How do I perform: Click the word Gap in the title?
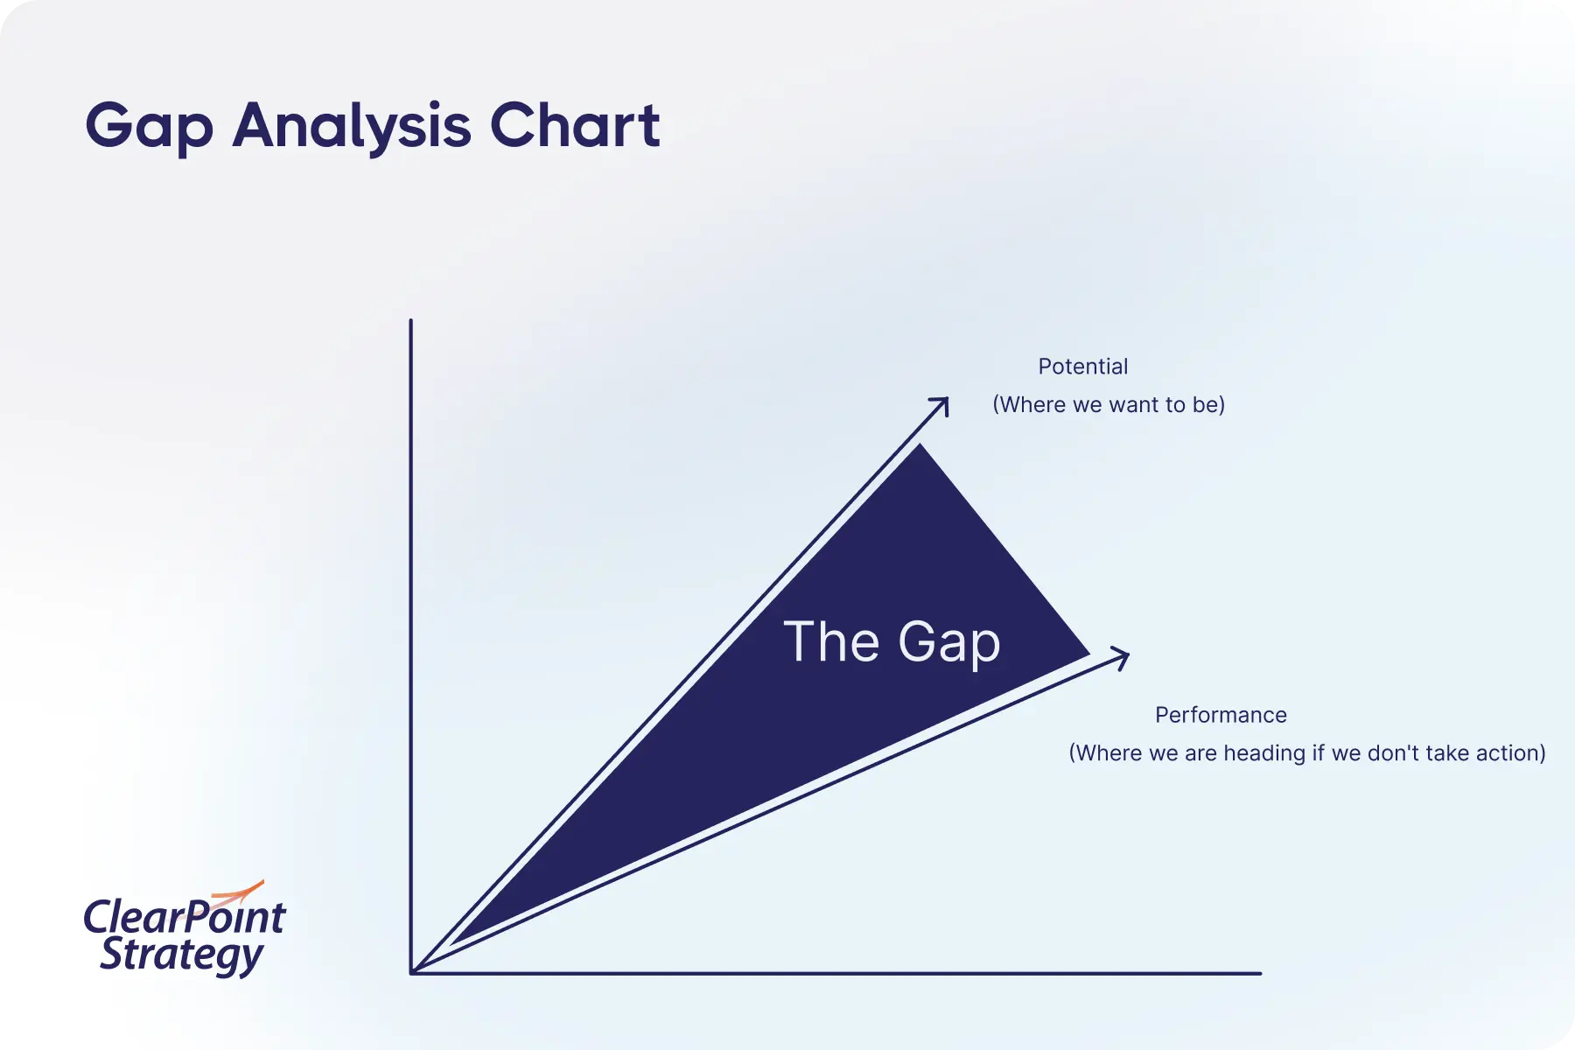150,128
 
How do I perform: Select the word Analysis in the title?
353,128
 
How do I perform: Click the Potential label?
1083,367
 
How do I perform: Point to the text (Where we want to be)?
1109,404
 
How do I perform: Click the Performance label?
1221,715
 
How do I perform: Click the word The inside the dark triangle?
831,641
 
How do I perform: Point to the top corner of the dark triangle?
920,444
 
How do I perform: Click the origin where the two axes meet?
411,972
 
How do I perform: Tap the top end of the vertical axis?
410,320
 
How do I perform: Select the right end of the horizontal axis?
1260,973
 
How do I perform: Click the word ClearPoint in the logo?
185,917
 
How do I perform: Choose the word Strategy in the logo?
181,955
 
